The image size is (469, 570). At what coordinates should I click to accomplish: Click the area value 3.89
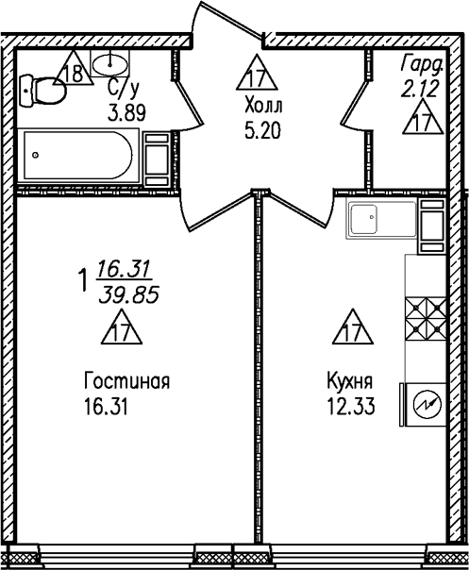click(x=126, y=109)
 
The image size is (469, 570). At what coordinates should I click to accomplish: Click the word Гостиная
click(x=126, y=382)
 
